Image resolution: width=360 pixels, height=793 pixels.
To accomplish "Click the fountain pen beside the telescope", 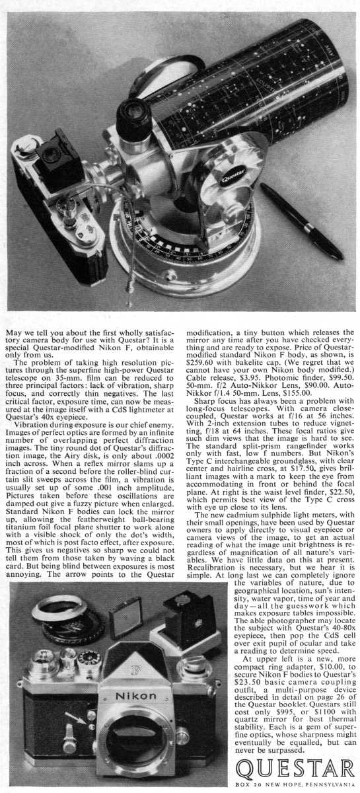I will (x=301, y=221).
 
